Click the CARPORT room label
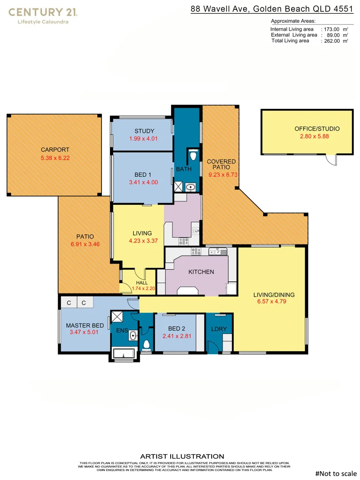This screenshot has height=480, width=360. (x=55, y=150)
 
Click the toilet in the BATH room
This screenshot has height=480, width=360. (x=193, y=156)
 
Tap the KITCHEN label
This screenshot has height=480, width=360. (x=201, y=272)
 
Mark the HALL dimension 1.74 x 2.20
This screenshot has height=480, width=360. (x=132, y=288)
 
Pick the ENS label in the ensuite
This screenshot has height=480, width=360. (x=122, y=331)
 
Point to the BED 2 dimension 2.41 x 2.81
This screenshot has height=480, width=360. (x=176, y=336)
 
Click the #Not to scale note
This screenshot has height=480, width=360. (x=336, y=473)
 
